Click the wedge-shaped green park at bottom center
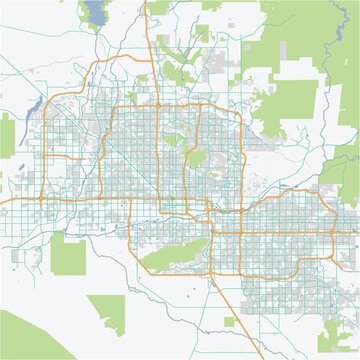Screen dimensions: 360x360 click(106, 308)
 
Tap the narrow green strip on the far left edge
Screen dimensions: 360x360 click(7, 140)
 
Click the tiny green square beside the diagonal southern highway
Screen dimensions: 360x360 click(229, 322)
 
